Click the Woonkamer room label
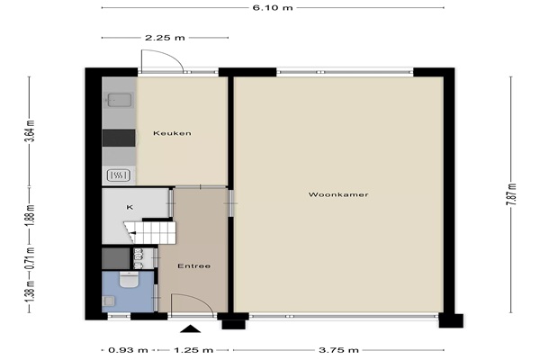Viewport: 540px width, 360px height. click(338, 194)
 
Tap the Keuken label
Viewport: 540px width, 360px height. click(172, 133)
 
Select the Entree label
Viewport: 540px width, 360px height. click(193, 266)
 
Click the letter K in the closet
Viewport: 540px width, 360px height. click(130, 207)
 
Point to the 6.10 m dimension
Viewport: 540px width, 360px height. click(273, 7)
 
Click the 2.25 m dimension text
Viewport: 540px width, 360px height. click(165, 38)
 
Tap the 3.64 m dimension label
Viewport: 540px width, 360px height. click(30, 130)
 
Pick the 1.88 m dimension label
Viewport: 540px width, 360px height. click(30, 216)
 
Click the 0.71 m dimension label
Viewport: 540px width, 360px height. click(30, 258)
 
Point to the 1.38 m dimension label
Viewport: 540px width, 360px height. click(30, 292)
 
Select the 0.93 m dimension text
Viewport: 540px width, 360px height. click(128, 350)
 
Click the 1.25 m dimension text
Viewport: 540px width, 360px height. click(193, 350)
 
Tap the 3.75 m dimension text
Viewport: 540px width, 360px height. click(338, 350)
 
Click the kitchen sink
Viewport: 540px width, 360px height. click(119, 100)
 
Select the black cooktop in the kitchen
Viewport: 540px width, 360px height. click(119, 138)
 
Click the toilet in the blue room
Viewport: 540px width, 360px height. click(129, 279)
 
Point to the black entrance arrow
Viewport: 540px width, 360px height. click(190, 329)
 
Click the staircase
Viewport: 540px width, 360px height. click(150, 232)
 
